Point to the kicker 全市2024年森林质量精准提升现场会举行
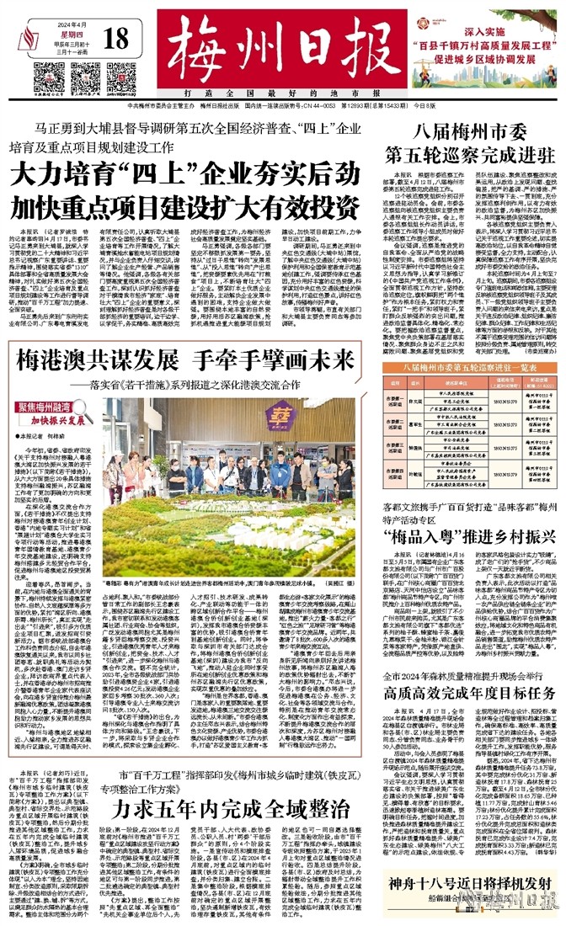[x=476, y=652]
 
